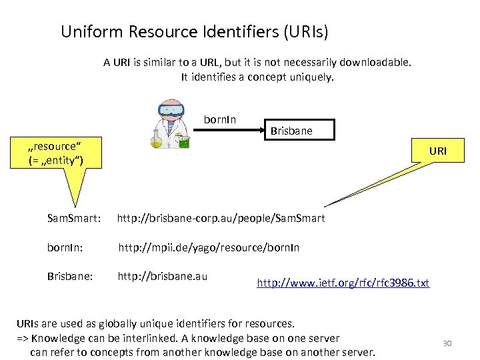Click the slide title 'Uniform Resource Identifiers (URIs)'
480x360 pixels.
194,31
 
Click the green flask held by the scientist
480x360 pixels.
183,141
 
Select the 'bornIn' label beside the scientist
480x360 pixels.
220,120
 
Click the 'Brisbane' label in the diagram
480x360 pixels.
291,132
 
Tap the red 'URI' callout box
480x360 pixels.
437,151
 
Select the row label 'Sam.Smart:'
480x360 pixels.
74,218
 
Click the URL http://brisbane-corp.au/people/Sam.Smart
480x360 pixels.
221,218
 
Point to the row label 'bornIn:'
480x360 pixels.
65,248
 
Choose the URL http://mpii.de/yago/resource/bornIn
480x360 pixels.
209,248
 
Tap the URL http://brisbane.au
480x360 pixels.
163,275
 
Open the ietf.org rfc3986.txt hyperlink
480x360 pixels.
343,283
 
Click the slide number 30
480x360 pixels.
447,343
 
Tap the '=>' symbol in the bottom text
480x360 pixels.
22,338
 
